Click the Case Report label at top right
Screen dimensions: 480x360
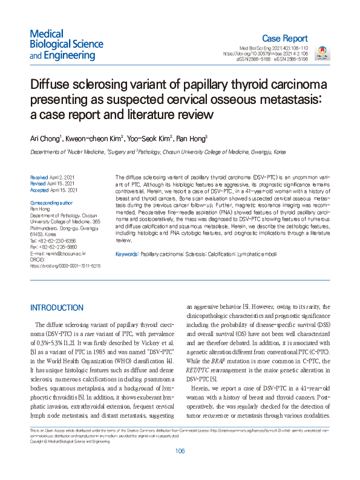point(286,37)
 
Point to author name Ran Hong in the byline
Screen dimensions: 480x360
point(190,138)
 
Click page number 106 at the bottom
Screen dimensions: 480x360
point(179,469)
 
